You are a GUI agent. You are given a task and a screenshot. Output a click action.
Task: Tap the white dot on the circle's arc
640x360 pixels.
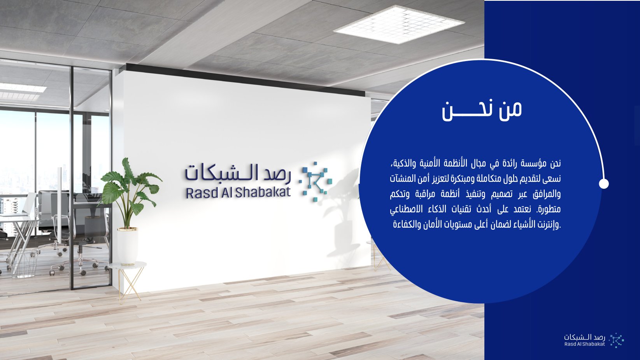pos(603,184)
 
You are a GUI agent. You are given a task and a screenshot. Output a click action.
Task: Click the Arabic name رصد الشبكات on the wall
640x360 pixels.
pos(238,174)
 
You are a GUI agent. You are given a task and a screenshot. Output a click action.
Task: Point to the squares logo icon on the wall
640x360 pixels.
pos(316,181)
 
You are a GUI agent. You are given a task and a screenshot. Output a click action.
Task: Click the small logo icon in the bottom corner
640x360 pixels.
pos(616,340)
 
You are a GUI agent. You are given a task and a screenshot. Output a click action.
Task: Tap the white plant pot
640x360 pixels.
pos(128,246)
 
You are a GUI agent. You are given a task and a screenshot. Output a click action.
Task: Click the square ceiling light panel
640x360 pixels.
pos(399,24)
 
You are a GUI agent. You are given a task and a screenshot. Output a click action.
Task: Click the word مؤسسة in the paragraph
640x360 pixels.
pos(534,164)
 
